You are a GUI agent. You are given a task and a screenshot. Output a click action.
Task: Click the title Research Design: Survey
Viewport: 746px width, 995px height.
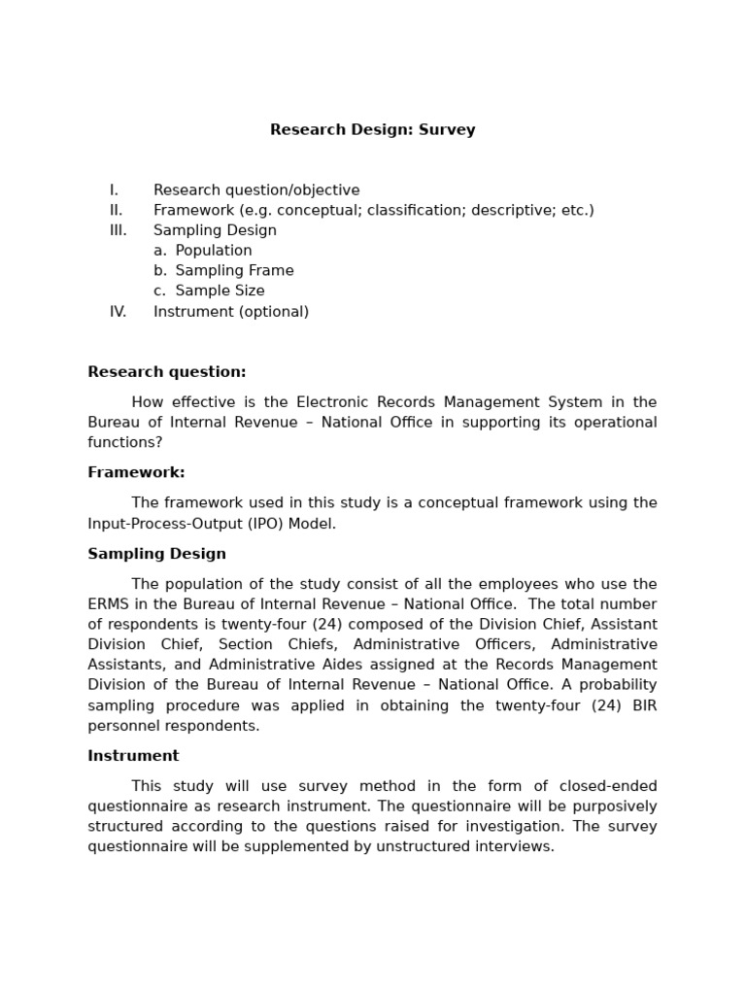(372, 130)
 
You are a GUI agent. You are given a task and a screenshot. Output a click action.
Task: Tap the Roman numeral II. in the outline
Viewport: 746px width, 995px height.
(117, 211)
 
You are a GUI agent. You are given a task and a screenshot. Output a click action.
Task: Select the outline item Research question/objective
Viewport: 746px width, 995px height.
(256, 190)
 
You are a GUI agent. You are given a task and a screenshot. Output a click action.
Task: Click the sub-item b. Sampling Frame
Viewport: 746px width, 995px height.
(223, 271)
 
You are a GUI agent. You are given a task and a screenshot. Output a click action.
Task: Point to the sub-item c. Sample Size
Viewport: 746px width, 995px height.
(209, 292)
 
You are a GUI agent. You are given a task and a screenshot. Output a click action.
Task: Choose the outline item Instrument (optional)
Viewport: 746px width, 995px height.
(231, 312)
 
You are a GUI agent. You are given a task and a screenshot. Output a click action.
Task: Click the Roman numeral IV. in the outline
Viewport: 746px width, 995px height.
(118, 312)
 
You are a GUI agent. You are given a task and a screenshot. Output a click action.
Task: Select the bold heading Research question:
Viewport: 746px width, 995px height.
(167, 372)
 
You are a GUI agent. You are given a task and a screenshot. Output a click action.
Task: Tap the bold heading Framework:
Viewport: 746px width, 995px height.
(136, 473)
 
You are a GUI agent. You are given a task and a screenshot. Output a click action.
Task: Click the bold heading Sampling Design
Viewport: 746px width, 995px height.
(156, 554)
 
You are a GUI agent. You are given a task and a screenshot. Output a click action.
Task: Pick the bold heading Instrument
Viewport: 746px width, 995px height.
(133, 756)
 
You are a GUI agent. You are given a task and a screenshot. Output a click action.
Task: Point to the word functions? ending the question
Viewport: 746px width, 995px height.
(125, 443)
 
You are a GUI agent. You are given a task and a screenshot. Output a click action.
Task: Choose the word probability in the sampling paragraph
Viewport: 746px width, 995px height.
(618, 685)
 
